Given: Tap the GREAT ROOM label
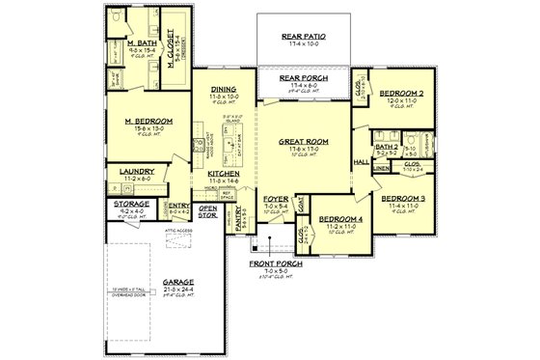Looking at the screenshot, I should tap(303, 140).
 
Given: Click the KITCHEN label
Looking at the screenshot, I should tap(223, 175).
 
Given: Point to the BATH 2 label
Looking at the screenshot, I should tap(386, 147).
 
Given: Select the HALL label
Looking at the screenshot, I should tap(362, 162).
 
